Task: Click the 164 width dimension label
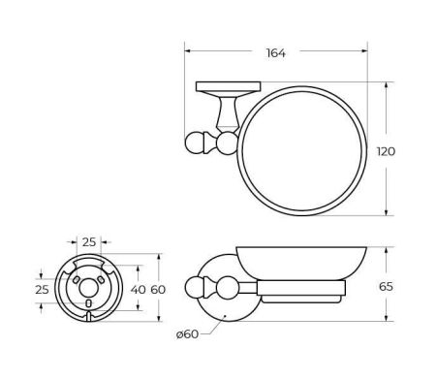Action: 276,53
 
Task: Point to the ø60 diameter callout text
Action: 187,334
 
